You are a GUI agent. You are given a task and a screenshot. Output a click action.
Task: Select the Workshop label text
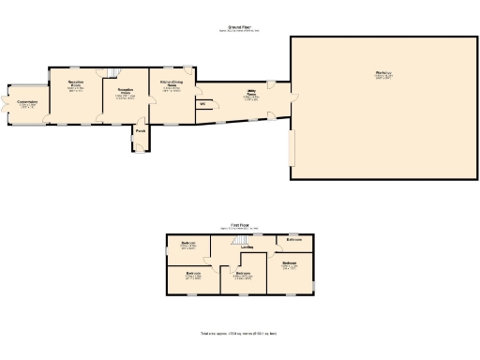point(383,73)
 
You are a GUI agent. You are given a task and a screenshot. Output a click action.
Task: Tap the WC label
point(202,104)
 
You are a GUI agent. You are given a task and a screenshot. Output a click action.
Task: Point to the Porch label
point(140,130)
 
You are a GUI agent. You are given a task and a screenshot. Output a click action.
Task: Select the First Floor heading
point(241,226)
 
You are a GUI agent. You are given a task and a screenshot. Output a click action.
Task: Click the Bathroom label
point(294,239)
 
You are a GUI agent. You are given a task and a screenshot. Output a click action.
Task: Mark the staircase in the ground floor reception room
point(112,74)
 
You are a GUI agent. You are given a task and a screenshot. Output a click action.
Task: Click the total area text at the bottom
point(238,333)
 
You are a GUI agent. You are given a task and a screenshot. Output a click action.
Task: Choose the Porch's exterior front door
point(140,150)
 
